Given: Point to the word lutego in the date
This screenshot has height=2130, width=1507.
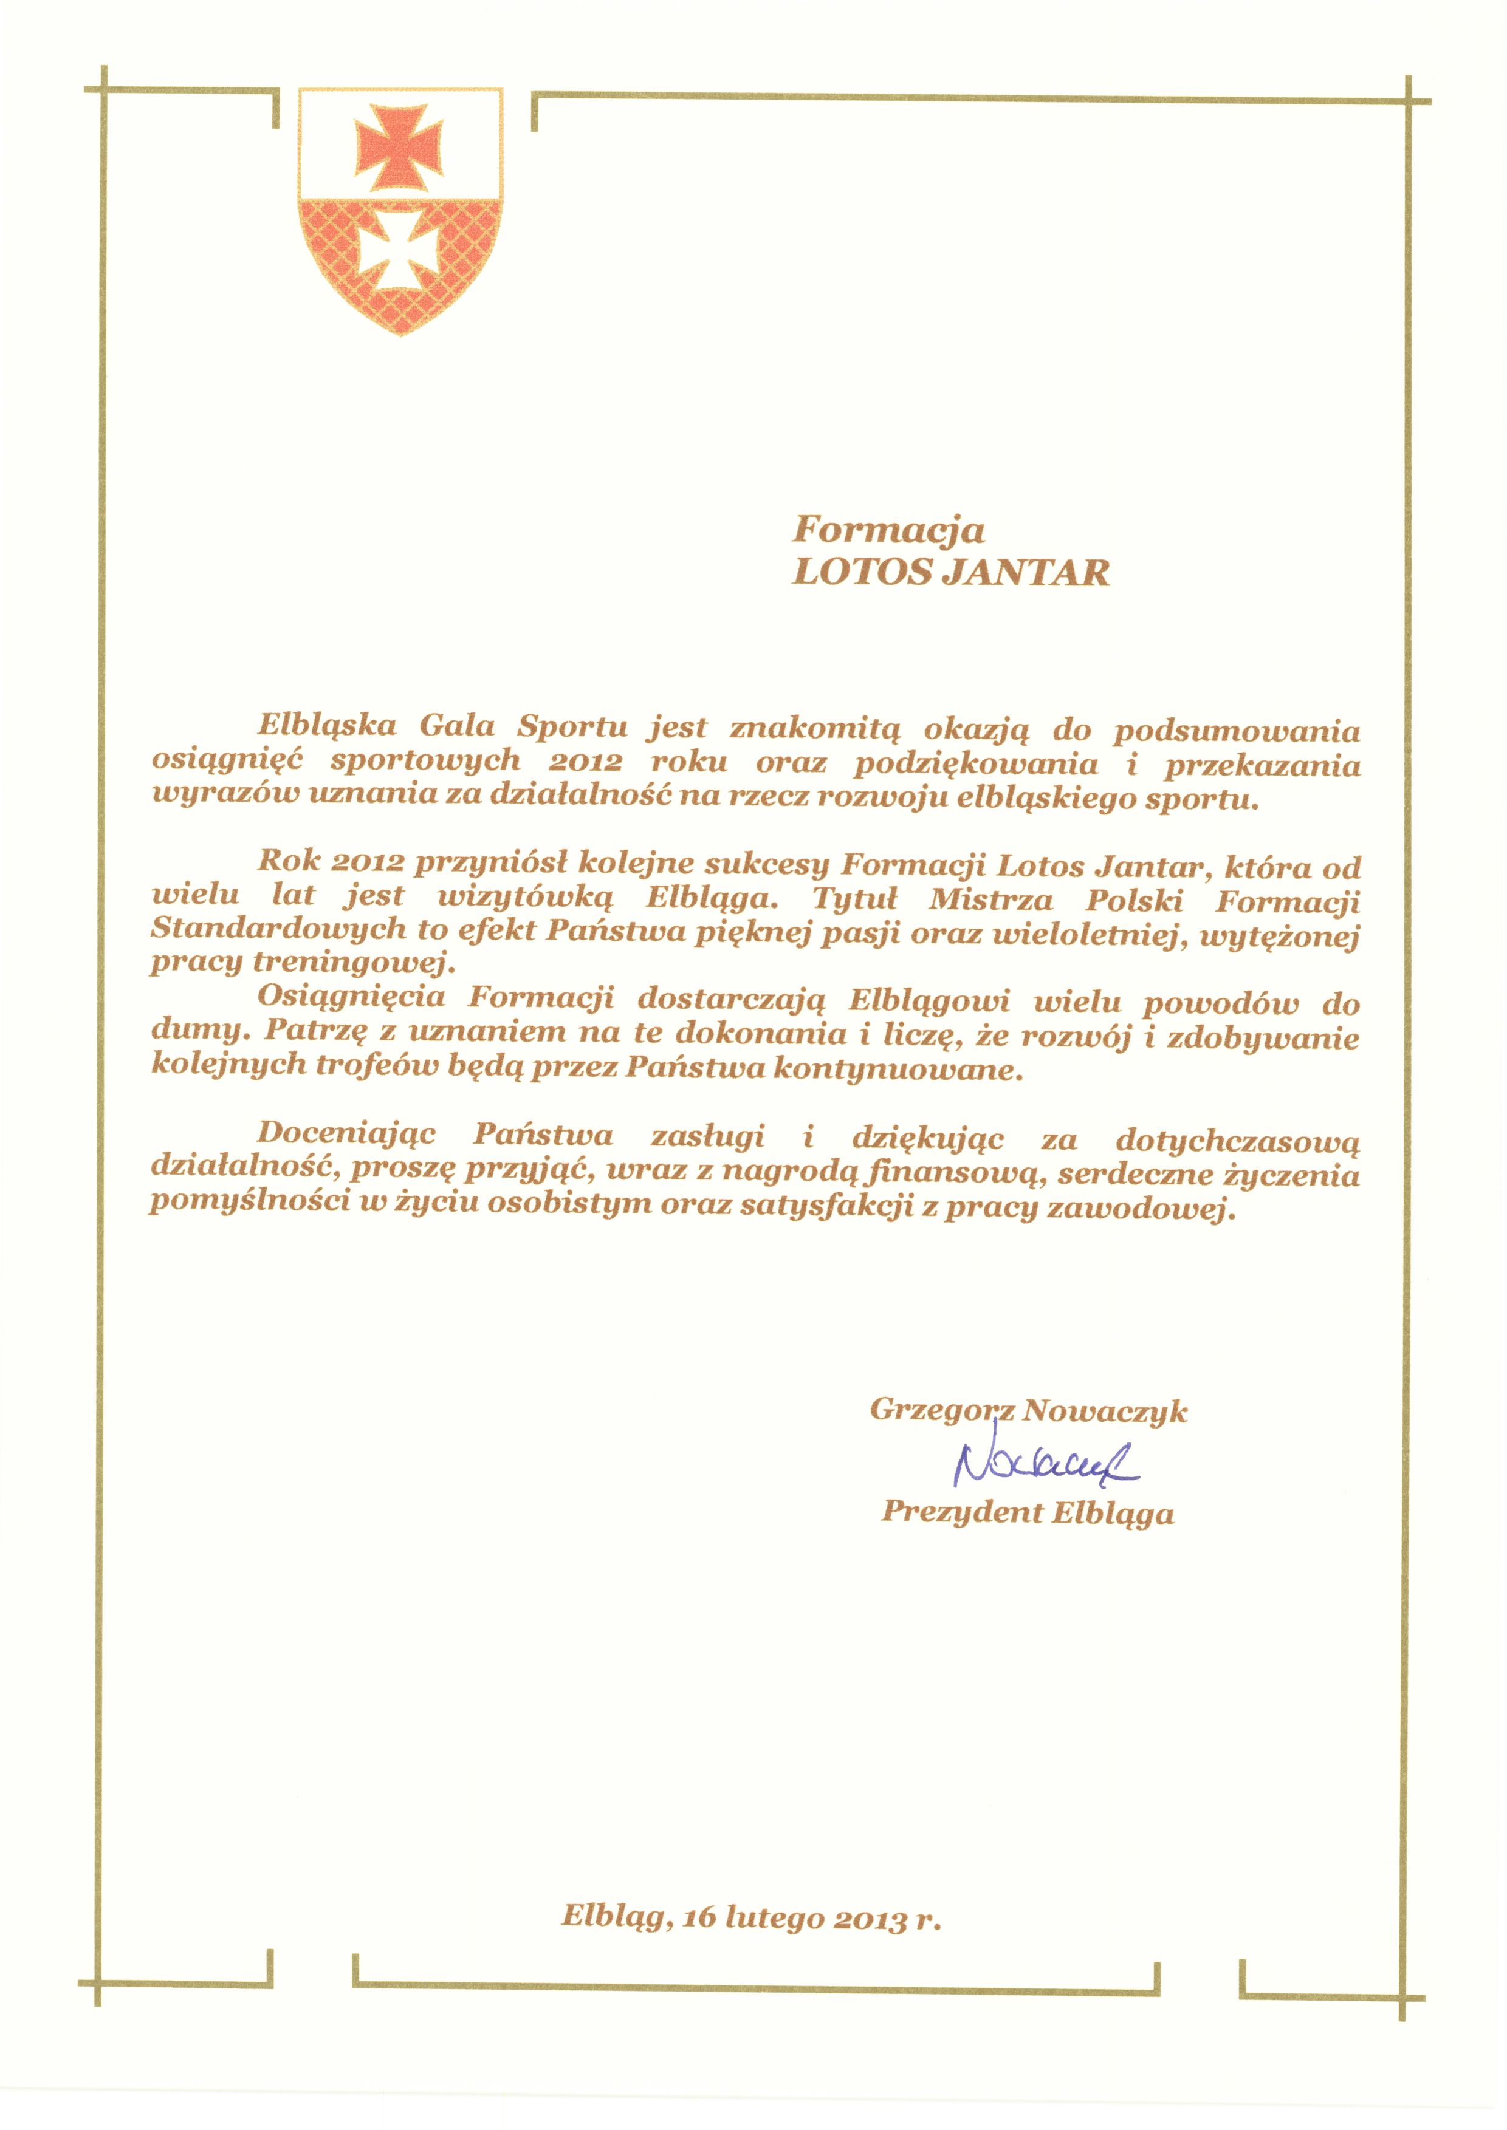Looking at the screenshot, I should tap(774, 1917).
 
